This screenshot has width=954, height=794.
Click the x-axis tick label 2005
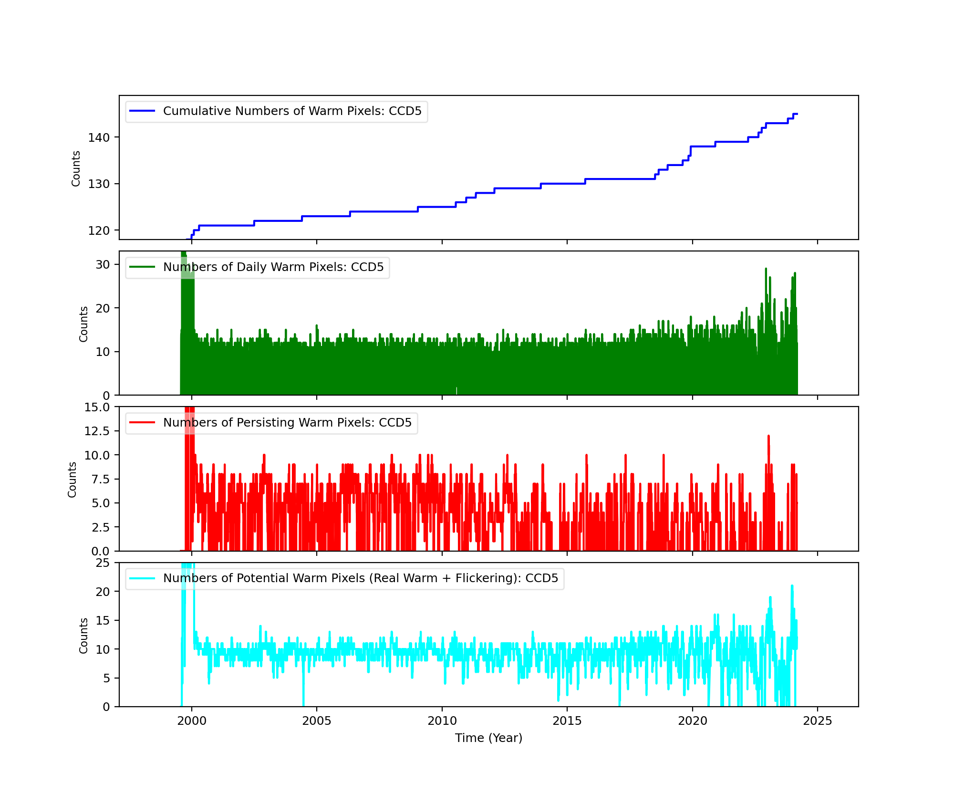pyautogui.click(x=317, y=721)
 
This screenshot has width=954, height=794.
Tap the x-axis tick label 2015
pyautogui.click(x=567, y=721)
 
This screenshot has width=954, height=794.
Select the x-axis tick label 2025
pyautogui.click(x=818, y=721)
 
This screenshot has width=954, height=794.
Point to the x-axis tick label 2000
pyautogui.click(x=192, y=721)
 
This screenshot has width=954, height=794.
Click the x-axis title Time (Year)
pyautogui.click(x=488, y=738)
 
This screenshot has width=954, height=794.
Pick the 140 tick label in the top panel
pyautogui.click(x=98, y=137)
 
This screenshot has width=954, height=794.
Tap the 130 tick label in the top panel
pyautogui.click(x=98, y=184)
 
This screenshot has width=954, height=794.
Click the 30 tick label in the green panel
pyautogui.click(x=103, y=264)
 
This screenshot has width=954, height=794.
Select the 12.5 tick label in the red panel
pyautogui.click(x=97, y=431)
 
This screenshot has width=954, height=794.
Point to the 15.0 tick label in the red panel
pyautogui.click(x=97, y=407)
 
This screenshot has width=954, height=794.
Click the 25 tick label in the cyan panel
pyautogui.click(x=103, y=563)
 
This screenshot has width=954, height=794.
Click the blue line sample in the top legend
pyautogui.click(x=142, y=111)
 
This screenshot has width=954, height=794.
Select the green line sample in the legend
pyautogui.click(x=142, y=267)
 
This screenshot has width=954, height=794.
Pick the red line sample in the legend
pyautogui.click(x=142, y=423)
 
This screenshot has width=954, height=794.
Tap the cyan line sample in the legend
pyautogui.click(x=142, y=578)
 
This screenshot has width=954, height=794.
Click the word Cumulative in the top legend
pyautogui.click(x=193, y=111)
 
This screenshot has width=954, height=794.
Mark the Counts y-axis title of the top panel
pyautogui.click(x=76, y=168)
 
